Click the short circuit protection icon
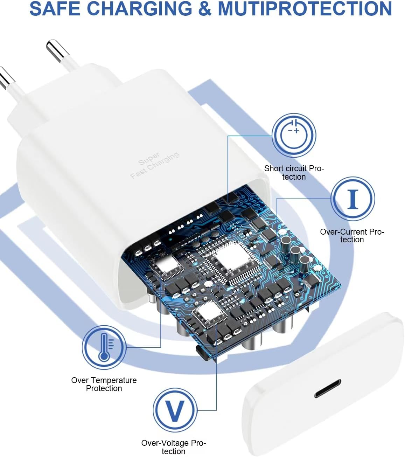coord(294,135)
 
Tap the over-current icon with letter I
coord(353,199)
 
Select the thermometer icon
coord(104,347)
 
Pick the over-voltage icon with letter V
coord(175,410)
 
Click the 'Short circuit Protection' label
coord(294,173)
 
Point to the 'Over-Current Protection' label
coord(352,236)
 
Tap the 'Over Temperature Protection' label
coord(104,384)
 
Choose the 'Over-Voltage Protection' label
coord(174,447)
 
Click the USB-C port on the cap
coord(327,388)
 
